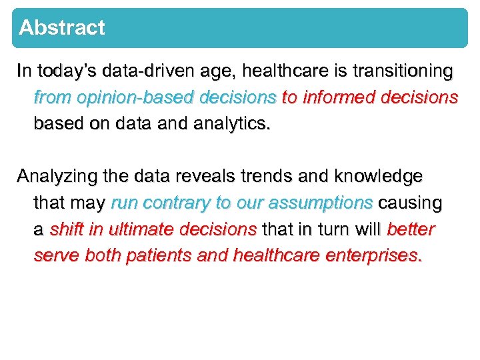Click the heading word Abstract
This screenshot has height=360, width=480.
point(62,28)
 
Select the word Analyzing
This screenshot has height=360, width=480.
point(58,177)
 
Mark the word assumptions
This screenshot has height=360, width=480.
point(320,203)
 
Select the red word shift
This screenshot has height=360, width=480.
point(67,229)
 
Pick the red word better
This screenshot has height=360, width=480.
point(411,229)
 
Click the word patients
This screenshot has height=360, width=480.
point(159,256)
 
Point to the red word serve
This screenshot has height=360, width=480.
point(57,256)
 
